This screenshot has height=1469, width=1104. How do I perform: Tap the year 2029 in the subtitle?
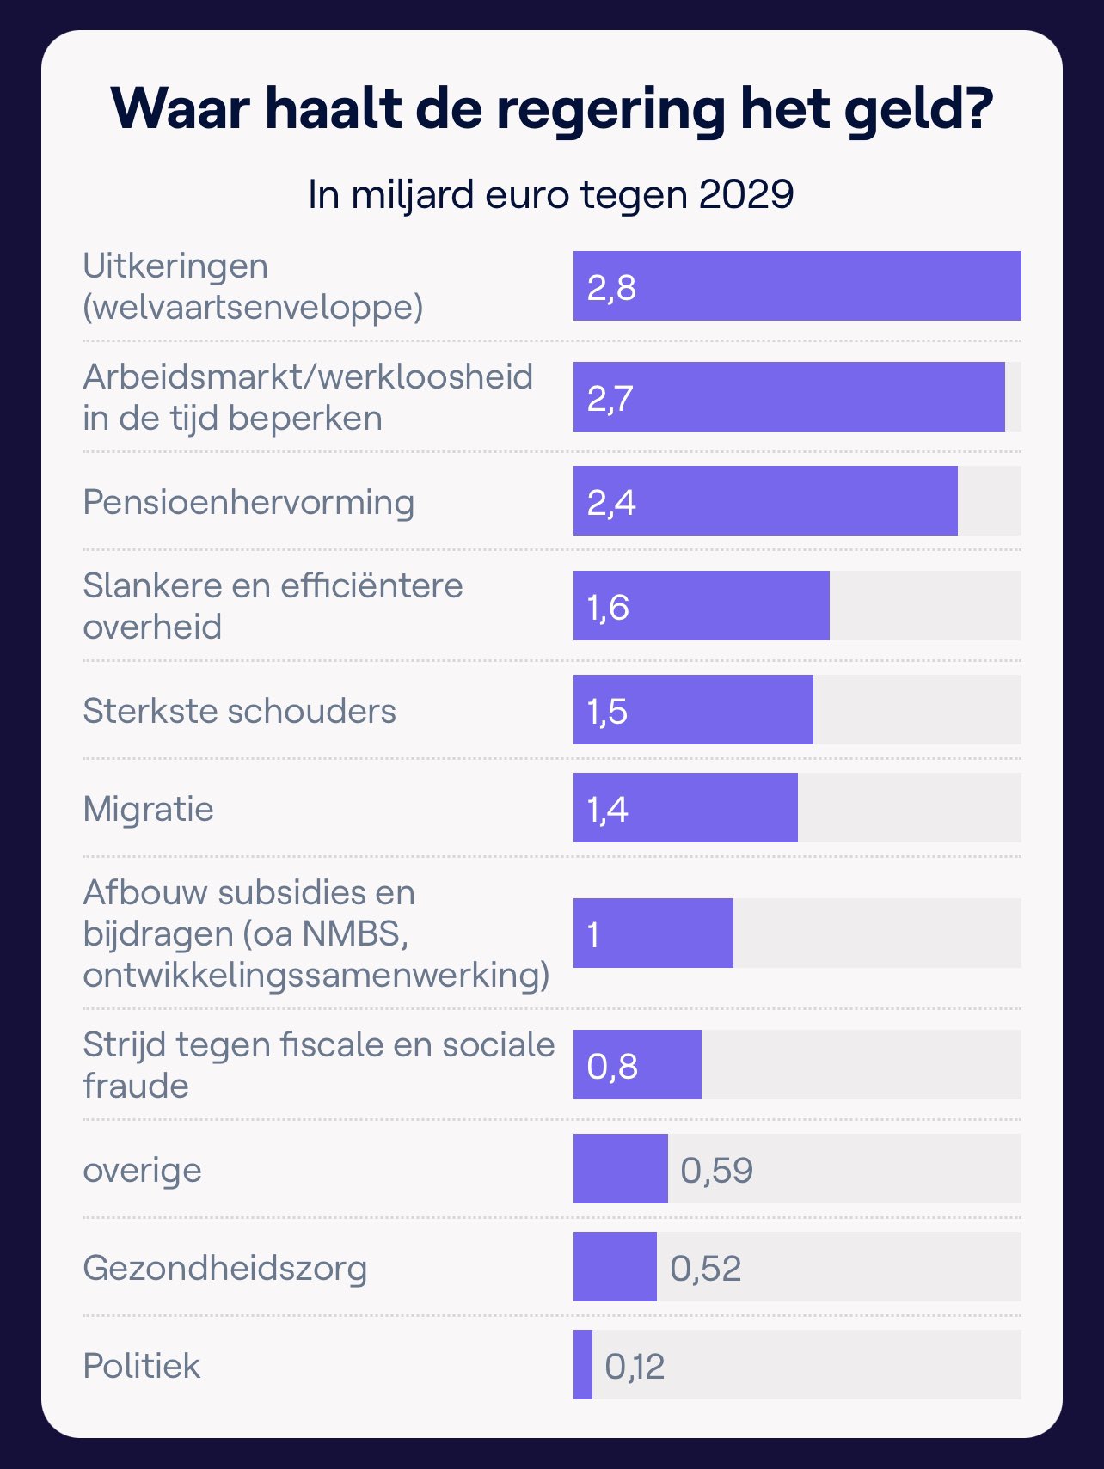[x=745, y=194]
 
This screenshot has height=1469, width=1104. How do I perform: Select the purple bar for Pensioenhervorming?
[x=765, y=501]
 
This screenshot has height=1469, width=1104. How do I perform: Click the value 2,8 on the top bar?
[x=611, y=287]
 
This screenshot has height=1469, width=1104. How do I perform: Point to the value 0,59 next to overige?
[x=716, y=1170]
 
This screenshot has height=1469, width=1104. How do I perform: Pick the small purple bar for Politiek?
[x=583, y=1364]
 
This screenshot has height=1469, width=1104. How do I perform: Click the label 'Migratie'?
[x=148, y=809]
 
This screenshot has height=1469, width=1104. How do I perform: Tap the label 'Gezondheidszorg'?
[x=224, y=1268]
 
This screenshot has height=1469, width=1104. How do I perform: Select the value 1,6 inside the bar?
[x=608, y=607]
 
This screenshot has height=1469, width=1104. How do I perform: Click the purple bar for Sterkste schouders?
[x=693, y=710]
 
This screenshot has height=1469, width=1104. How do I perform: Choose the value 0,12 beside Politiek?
[x=635, y=1366]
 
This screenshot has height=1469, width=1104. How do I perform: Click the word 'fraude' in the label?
[x=136, y=1086]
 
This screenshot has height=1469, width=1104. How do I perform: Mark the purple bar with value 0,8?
[x=637, y=1065]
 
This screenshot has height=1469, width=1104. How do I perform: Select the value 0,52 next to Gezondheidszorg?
[x=705, y=1268]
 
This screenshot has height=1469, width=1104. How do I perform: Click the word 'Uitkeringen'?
[x=175, y=266]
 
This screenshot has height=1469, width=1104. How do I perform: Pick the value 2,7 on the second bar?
[x=610, y=398]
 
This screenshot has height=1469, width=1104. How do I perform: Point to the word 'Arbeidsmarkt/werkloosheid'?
[x=308, y=376]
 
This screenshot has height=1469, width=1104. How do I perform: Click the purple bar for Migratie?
[x=685, y=808]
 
